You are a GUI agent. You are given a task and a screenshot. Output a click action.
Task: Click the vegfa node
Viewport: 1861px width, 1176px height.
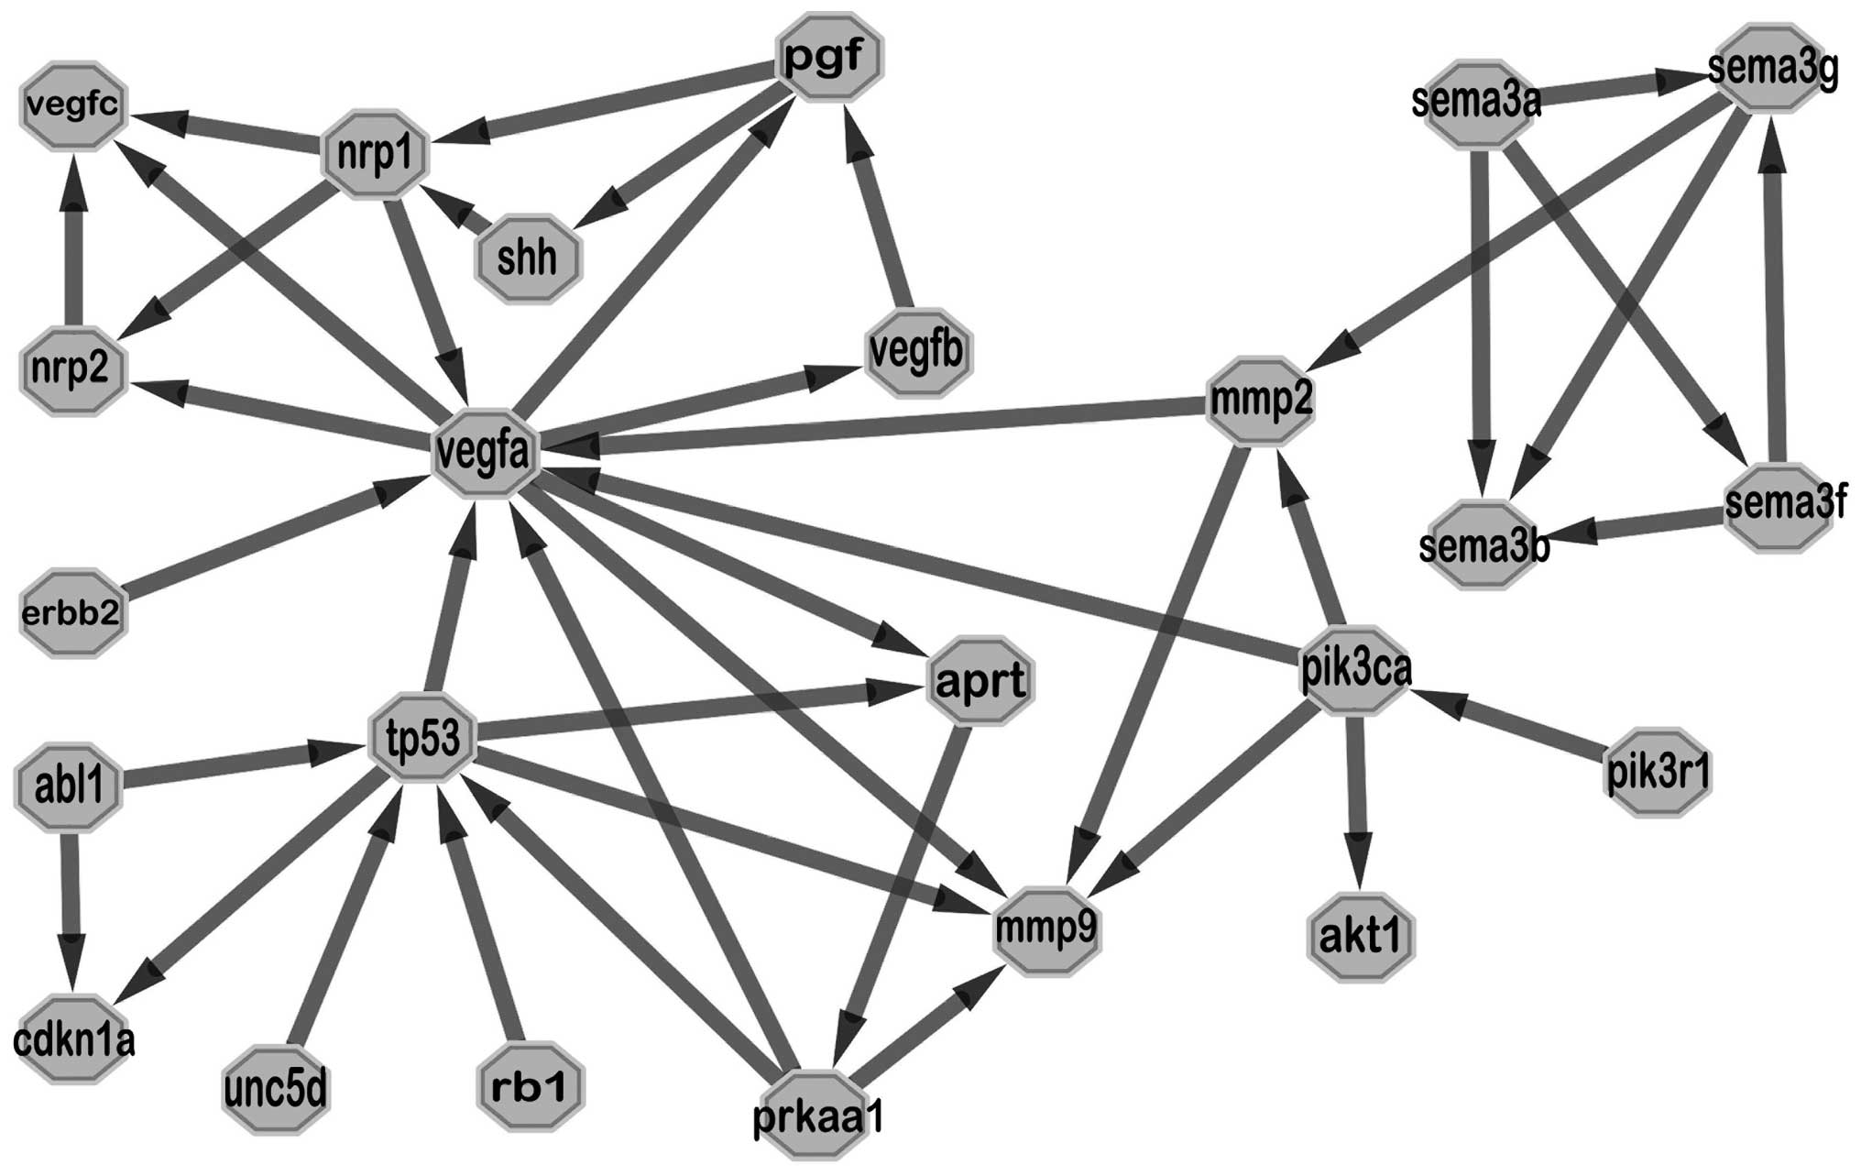(485, 454)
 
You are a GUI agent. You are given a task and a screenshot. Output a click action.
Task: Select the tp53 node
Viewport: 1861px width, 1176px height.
(423, 739)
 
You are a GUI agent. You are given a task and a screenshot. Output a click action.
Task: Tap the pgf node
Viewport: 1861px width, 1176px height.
(829, 57)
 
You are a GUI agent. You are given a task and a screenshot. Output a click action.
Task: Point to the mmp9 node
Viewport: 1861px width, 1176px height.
(1045, 930)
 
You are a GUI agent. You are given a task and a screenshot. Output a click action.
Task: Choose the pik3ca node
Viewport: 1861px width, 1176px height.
(1355, 670)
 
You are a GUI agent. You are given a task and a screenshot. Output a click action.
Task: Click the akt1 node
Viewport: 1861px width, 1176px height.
(1361, 938)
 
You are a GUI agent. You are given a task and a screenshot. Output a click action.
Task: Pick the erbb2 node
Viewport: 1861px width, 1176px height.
(71, 612)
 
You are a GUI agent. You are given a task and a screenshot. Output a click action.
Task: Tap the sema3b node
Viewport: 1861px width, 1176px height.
(1483, 546)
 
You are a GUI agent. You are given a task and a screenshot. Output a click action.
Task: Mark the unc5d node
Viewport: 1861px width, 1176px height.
(276, 1090)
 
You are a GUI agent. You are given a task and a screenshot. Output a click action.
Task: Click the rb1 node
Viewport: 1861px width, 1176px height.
(531, 1087)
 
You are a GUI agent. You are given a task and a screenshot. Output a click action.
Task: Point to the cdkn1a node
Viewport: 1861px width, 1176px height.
(73, 1039)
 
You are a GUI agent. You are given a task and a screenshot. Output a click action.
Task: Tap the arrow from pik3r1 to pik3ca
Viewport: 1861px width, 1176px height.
(1512, 728)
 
